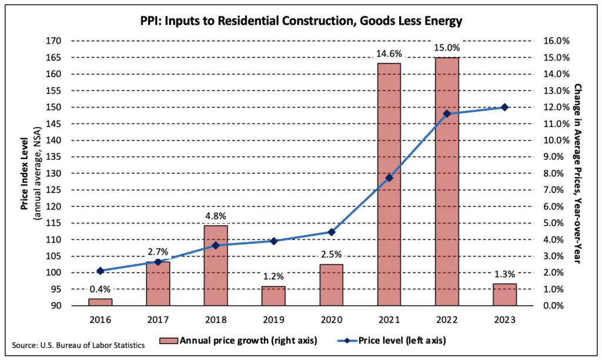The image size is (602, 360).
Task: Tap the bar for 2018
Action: (216, 265)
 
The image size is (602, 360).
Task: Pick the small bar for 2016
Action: (100, 302)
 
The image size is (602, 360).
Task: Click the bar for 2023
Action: (504, 295)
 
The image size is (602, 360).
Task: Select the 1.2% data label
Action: (273, 276)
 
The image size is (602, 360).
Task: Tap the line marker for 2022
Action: (447, 114)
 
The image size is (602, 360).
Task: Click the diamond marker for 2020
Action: (332, 232)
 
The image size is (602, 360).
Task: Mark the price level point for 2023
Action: (504, 107)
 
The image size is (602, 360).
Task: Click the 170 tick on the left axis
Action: (53, 41)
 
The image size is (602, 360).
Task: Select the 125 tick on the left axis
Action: (53, 190)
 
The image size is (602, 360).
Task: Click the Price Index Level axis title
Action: (28, 173)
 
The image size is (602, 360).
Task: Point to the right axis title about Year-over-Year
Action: (580, 173)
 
